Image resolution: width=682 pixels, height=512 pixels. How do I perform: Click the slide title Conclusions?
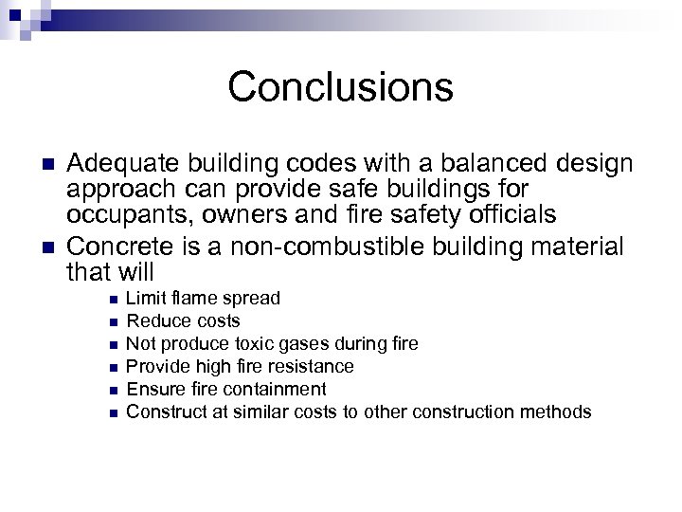coord(340,87)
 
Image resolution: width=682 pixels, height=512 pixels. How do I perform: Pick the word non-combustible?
coord(335,247)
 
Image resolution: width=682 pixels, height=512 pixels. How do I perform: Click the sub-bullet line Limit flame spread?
coord(203,299)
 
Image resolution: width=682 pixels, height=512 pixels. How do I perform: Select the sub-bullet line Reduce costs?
coord(183,321)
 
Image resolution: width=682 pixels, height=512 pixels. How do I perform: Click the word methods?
coord(558,411)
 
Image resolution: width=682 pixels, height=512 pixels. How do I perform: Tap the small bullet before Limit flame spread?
coord(114,300)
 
